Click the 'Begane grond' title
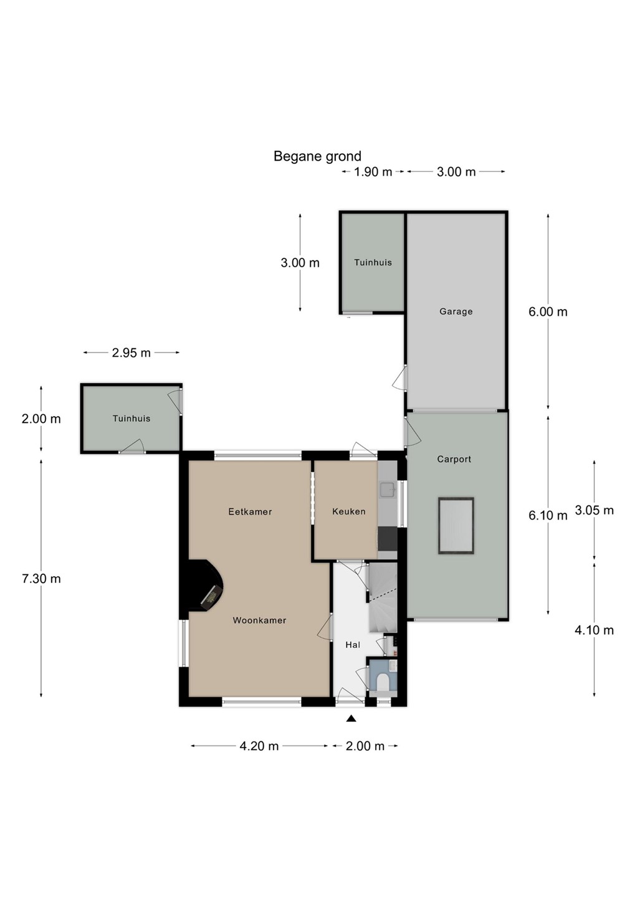coord(317,156)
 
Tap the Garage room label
coord(456,311)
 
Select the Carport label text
coord(454,459)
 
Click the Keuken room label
coord(348,511)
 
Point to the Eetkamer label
coord(250,511)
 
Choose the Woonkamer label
coord(259,620)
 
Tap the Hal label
coord(353,645)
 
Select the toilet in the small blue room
coord(383,682)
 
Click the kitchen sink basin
coord(388,490)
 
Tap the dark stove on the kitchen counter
coord(388,539)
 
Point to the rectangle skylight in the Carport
coord(456,526)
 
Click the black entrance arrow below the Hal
coord(351,719)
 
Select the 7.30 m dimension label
coord(41,578)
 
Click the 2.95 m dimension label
coord(131,353)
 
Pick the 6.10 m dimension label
coord(548,515)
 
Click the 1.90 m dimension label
coord(373,172)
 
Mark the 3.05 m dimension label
coord(594,510)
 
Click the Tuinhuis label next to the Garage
coord(373,263)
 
